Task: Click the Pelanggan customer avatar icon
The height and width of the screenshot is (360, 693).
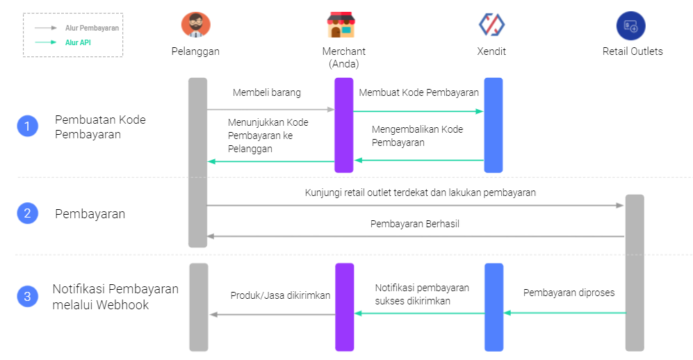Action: click(x=195, y=25)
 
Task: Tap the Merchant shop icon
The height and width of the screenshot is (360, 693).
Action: click(x=341, y=25)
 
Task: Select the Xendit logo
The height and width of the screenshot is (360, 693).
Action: click(x=491, y=25)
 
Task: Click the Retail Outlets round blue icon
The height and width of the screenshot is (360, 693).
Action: click(x=630, y=26)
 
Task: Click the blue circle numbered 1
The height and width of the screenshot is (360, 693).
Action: click(x=27, y=126)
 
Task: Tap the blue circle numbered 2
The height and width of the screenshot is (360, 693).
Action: click(x=27, y=213)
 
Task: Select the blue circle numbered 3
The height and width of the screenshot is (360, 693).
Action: click(x=27, y=297)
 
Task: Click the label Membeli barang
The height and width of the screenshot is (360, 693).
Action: click(x=267, y=92)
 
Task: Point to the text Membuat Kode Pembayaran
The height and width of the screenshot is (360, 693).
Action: click(x=418, y=92)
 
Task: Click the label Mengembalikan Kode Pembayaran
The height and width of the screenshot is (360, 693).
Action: click(x=417, y=136)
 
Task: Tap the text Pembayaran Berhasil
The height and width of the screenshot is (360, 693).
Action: click(x=415, y=224)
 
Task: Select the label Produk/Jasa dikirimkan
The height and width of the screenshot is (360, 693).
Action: click(x=280, y=295)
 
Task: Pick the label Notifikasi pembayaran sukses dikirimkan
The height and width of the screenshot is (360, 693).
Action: click(x=422, y=294)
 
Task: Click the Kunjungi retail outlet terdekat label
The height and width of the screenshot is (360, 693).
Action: click(x=420, y=193)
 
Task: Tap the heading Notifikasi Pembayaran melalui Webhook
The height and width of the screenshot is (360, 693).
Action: click(x=115, y=297)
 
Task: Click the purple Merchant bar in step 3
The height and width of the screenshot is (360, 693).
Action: click(x=344, y=307)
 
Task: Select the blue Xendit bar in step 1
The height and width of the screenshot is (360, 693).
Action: click(x=494, y=124)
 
